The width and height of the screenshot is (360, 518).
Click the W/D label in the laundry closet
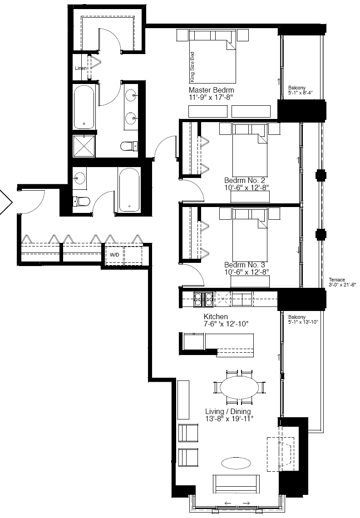pyautogui.click(x=114, y=255)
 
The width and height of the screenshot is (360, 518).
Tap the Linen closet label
pyautogui.click(x=81, y=68)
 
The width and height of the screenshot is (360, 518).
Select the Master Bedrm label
pyautogui.click(x=212, y=90)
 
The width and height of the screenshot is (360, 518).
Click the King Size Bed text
pyautogui.click(x=192, y=67)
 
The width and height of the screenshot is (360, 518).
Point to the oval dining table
pyautogui.click(x=240, y=387)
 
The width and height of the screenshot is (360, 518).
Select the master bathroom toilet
pyautogui.click(x=129, y=146)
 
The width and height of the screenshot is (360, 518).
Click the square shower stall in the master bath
pyautogui.click(x=84, y=146)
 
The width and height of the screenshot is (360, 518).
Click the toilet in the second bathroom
pyautogui.click(x=81, y=201)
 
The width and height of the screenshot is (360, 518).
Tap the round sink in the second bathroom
pyautogui.click(x=79, y=178)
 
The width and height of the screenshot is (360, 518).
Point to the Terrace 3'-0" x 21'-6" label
pyautogui.click(x=342, y=282)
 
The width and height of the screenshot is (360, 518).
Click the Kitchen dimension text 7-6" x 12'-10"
pyautogui.click(x=226, y=324)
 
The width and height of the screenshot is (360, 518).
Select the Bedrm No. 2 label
pyautogui.click(x=244, y=180)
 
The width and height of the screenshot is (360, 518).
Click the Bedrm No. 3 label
pyautogui.click(x=244, y=265)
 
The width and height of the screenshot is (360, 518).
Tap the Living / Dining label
pyautogui.click(x=228, y=411)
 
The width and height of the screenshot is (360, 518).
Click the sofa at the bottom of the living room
pyautogui.click(x=236, y=484)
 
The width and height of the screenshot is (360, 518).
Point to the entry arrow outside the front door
pyautogui.click(x=6, y=202)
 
